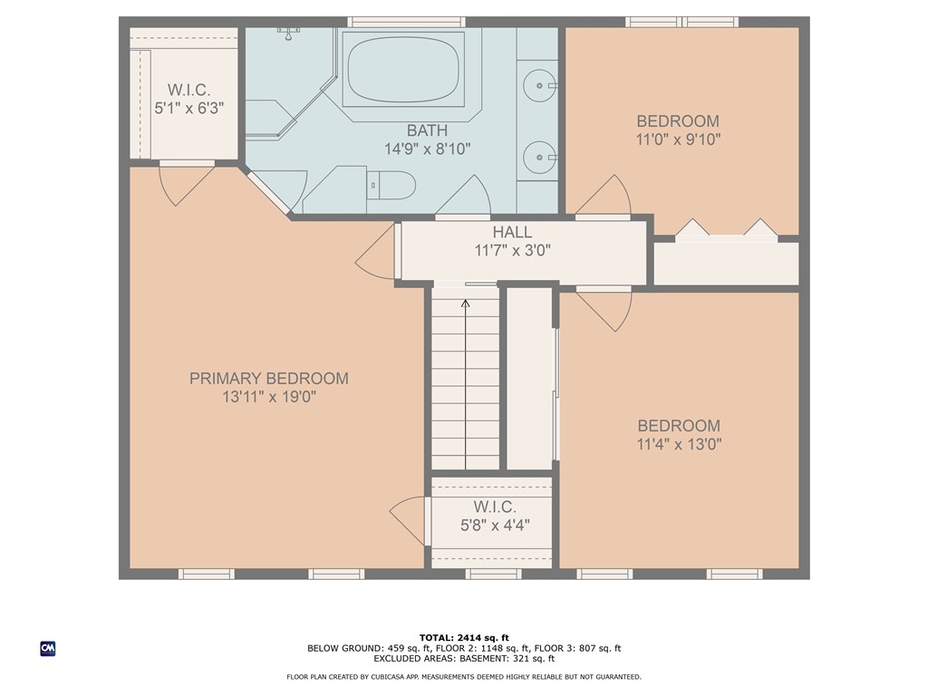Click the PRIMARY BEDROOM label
coord(268,379)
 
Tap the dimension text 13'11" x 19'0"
coord(268,398)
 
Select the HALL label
coord(512,232)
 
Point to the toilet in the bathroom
coord(391,187)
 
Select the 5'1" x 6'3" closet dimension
coord(188,108)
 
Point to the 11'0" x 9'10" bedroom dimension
coord(678,140)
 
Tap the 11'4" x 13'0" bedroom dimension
coord(679,444)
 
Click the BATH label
coord(427,131)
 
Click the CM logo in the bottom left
coord(48,648)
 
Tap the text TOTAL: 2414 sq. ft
coord(464,638)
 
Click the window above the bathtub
coord(406,22)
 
